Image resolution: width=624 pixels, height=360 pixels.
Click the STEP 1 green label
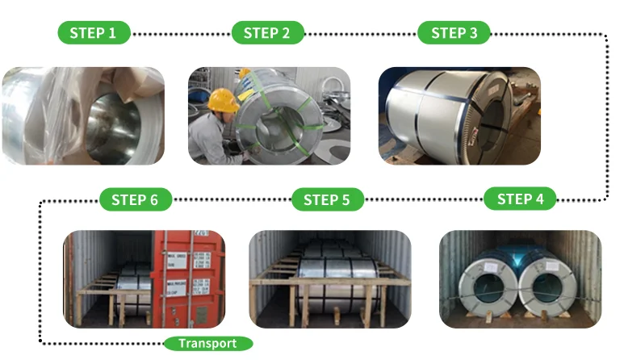[x=94, y=33]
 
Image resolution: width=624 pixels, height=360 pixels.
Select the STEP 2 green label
[x=267, y=33]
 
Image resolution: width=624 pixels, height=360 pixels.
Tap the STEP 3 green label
[x=454, y=33]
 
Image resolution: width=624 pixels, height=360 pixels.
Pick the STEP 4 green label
[x=521, y=199]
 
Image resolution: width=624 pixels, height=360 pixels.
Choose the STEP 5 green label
[x=329, y=199]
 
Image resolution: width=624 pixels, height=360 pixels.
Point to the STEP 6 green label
[x=135, y=199]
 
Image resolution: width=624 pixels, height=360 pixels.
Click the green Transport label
[x=207, y=343]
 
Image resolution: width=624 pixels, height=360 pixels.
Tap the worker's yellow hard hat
[x=222, y=100]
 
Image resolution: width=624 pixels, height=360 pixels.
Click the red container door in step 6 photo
[x=185, y=274]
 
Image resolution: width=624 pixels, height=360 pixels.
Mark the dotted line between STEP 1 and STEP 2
[x=181, y=34]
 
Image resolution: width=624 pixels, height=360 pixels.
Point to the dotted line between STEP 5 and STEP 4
[x=424, y=199]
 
